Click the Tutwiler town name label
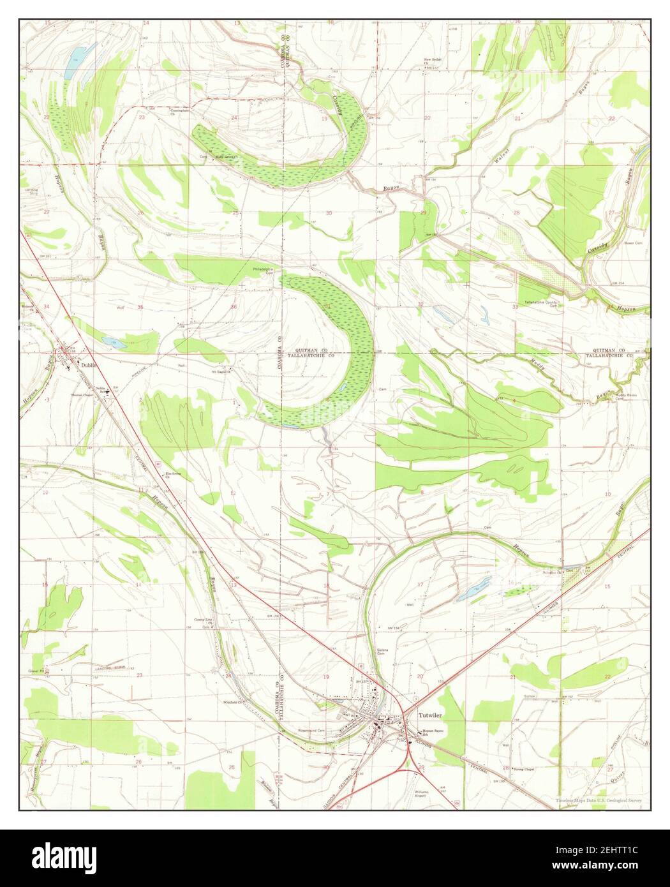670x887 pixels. pyautogui.click(x=431, y=715)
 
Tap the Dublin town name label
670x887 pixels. pyautogui.click(x=89, y=365)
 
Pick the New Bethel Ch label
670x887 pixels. pyautogui.click(x=435, y=63)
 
